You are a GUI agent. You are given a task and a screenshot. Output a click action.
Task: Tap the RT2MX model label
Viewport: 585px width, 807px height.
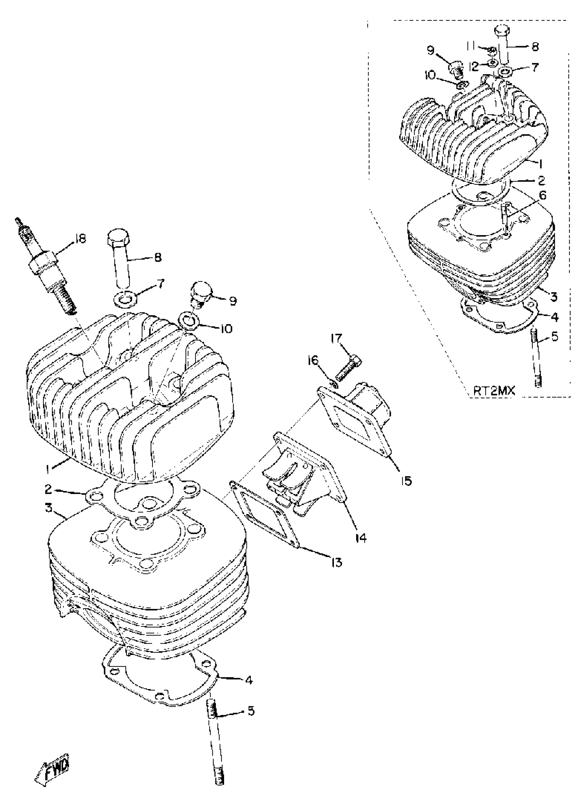pyautogui.click(x=494, y=391)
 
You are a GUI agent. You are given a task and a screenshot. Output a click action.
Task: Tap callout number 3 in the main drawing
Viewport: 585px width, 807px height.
pyautogui.click(x=49, y=508)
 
